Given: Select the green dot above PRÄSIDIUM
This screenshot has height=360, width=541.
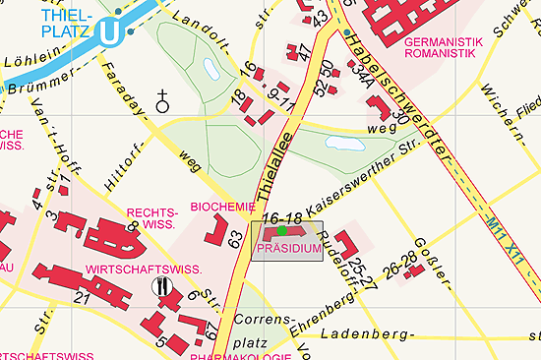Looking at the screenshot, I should point(281,230).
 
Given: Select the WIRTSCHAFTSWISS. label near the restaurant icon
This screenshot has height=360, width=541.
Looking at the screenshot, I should point(144,269).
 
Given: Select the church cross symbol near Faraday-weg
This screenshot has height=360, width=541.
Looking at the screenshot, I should point(162,99).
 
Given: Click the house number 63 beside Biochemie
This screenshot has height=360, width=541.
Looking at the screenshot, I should point(234,238).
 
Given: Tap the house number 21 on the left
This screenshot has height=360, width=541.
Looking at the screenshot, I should point(82,298).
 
